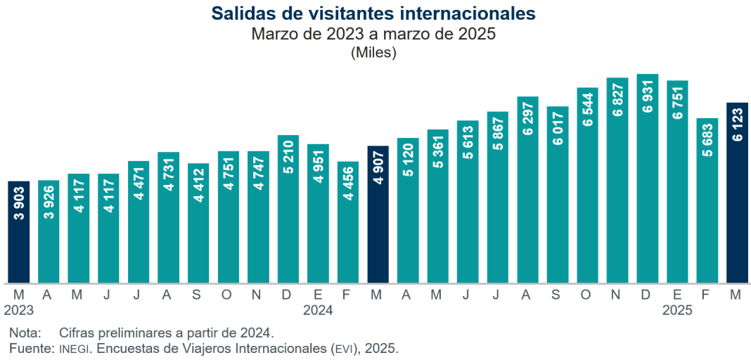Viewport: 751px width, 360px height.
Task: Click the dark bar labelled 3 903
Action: coord(19,232)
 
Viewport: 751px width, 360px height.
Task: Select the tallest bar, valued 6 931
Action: coord(647,179)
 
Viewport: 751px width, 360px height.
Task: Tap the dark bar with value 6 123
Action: coord(737,193)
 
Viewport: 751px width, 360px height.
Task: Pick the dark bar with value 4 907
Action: coord(378,214)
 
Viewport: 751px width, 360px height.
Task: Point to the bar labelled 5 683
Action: coord(707,200)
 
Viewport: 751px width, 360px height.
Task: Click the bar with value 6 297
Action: coord(527,190)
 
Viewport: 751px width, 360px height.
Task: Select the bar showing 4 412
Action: coord(198,223)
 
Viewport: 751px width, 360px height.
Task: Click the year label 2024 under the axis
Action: coord(318,309)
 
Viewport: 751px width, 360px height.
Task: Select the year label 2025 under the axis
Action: coord(677,309)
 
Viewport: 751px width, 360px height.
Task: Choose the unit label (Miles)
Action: coord(373,52)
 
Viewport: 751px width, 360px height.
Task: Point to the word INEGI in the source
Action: coord(72,349)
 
